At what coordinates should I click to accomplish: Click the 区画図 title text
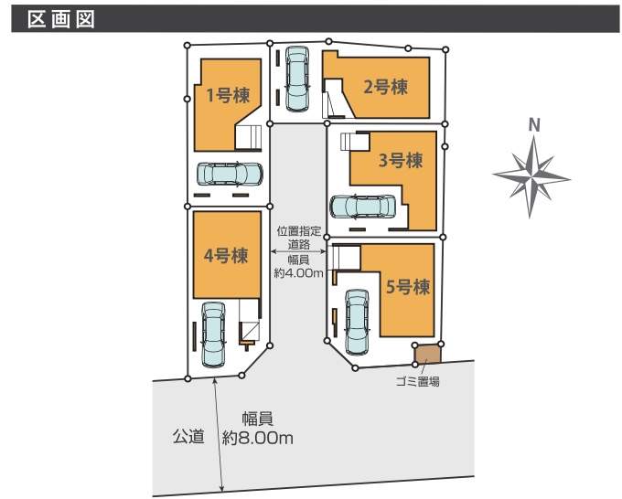coord(61,18)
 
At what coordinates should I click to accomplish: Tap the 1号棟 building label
coord(228,96)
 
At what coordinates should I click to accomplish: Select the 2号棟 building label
coord(386,87)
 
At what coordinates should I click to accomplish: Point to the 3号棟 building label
coord(401,161)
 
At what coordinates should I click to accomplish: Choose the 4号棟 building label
coord(226,256)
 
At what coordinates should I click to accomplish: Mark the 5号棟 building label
coord(408,287)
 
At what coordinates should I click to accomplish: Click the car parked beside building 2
coord(297,79)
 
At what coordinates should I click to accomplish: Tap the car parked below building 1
coord(230,174)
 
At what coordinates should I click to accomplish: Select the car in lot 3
coord(362,207)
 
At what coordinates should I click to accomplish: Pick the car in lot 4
coord(213,334)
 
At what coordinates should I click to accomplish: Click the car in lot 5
coord(357,322)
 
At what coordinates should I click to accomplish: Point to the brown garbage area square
coord(428,354)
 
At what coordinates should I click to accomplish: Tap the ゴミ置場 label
coord(418,382)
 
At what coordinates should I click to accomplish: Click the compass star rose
coord(531,176)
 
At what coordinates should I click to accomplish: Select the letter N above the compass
coord(534,125)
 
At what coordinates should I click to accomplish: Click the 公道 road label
coord(188,436)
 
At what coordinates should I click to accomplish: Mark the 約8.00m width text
coord(258,438)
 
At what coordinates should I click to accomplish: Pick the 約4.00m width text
coord(299,273)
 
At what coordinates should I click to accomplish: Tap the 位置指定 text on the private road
coord(299,230)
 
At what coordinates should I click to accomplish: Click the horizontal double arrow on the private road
coord(298,251)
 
